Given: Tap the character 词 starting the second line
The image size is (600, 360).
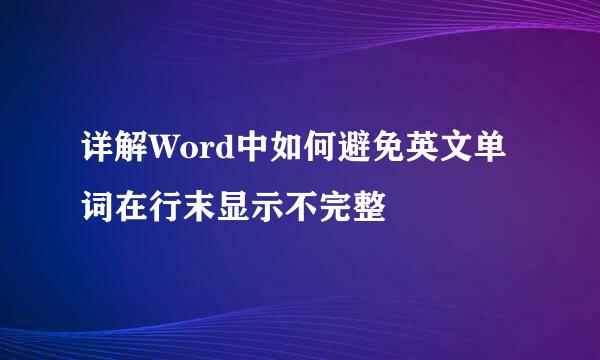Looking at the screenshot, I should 97,206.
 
